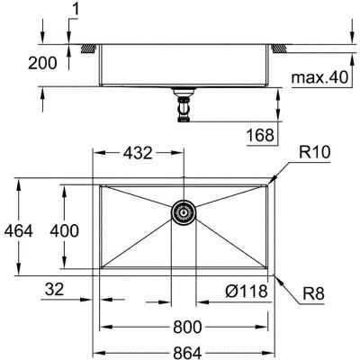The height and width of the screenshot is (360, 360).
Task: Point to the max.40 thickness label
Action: coord(319,79)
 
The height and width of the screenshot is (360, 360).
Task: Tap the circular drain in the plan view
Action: coord(184,212)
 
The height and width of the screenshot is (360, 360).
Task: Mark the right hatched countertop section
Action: coord(283,47)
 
